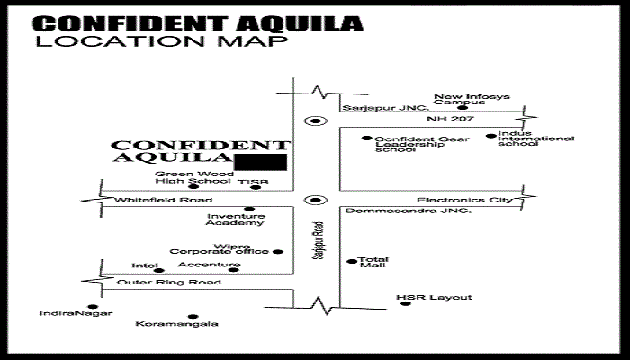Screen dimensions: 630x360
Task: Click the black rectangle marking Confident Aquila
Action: pyautogui.click(x=260, y=162)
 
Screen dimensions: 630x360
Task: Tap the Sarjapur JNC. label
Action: pyautogui.click(x=386, y=108)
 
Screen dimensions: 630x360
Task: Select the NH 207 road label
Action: pyautogui.click(x=450, y=119)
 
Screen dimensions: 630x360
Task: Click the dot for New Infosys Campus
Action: pyautogui.click(x=463, y=108)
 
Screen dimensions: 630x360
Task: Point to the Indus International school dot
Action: pyautogui.click(x=491, y=136)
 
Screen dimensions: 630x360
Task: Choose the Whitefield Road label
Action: pyautogui.click(x=164, y=200)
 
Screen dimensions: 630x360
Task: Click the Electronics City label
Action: pyautogui.click(x=464, y=200)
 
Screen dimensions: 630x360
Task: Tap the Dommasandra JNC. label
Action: pyautogui.click(x=409, y=211)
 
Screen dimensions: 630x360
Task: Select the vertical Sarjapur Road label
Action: pyautogui.click(x=319, y=240)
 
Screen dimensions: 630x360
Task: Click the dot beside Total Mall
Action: pyautogui.click(x=352, y=262)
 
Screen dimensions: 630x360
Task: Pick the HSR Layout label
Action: pyautogui.click(x=434, y=297)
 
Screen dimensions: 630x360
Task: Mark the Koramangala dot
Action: pyautogui.click(x=193, y=317)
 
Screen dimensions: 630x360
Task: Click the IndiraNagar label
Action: pyautogui.click(x=76, y=313)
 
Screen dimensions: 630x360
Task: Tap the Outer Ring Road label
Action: pyautogui.click(x=169, y=282)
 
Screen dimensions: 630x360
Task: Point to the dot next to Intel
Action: pyautogui.click(x=159, y=270)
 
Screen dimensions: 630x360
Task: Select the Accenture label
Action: pyautogui.click(x=209, y=265)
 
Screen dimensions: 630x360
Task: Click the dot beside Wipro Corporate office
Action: pyautogui.click(x=278, y=252)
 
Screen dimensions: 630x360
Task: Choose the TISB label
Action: pyautogui.click(x=253, y=182)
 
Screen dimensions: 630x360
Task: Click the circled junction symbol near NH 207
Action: pyautogui.click(x=316, y=121)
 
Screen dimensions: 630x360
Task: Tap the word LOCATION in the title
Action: pyautogui.click(x=121, y=41)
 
